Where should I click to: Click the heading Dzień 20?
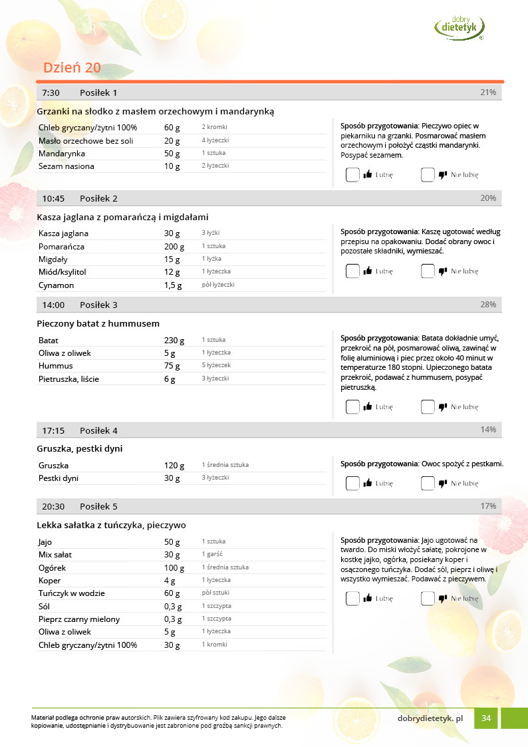coord(72,68)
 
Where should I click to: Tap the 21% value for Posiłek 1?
coord(488,92)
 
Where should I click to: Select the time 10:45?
coord(53,198)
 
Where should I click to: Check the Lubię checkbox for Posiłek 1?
coord(352,175)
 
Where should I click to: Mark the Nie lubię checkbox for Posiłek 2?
coord(428,271)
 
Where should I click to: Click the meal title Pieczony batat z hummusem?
coord(98,323)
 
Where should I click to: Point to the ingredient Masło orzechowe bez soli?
coord(86,141)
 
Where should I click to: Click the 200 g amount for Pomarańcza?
coord(174,247)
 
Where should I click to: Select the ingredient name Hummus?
coord(56,366)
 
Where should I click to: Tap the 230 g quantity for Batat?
coord(174,340)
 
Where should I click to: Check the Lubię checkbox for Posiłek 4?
coord(352,484)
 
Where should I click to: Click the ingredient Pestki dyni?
coord(59,478)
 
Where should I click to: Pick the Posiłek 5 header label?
coord(98,506)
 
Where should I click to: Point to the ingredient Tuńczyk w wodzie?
coord(72,593)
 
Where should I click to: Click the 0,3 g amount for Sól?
coord(173,607)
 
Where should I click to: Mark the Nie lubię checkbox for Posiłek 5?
coord(428,599)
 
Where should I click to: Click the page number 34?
coord(486,718)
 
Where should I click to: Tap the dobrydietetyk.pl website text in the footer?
coord(430,718)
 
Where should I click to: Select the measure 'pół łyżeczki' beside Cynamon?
coord(218,285)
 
